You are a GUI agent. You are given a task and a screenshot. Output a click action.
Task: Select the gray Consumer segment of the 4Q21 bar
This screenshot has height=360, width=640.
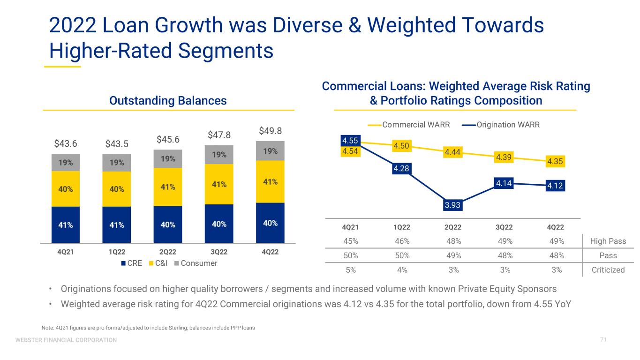pyautogui.click(x=65, y=163)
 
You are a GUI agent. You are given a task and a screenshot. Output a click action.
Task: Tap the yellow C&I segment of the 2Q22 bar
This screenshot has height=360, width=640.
pyautogui.click(x=168, y=187)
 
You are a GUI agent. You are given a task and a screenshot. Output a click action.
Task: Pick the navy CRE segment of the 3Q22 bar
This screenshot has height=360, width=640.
pyautogui.click(x=219, y=224)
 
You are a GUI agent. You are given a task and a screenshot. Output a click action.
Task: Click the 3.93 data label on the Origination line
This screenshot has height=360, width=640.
pyautogui.click(x=453, y=205)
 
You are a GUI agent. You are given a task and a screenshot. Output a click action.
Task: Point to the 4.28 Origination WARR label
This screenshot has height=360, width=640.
pyautogui.click(x=402, y=168)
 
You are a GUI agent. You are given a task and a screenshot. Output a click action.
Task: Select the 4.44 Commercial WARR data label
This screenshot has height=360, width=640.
pyautogui.click(x=453, y=151)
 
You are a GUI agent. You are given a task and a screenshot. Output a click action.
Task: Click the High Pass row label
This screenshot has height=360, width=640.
pyautogui.click(x=608, y=241)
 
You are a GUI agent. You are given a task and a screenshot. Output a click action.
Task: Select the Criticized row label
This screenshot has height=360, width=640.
pyautogui.click(x=608, y=270)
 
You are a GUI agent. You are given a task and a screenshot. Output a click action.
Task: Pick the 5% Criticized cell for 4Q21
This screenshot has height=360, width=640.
pyautogui.click(x=351, y=270)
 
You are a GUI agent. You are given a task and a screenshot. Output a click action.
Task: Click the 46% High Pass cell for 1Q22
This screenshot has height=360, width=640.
pyautogui.click(x=402, y=241)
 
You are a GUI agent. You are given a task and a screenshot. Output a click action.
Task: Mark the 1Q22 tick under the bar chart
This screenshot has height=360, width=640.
pyautogui.click(x=116, y=252)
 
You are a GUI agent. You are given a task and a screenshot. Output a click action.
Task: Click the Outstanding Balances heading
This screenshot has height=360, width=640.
pyautogui.click(x=168, y=100)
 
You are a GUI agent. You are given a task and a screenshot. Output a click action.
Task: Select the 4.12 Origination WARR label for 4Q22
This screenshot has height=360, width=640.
pyautogui.click(x=555, y=186)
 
